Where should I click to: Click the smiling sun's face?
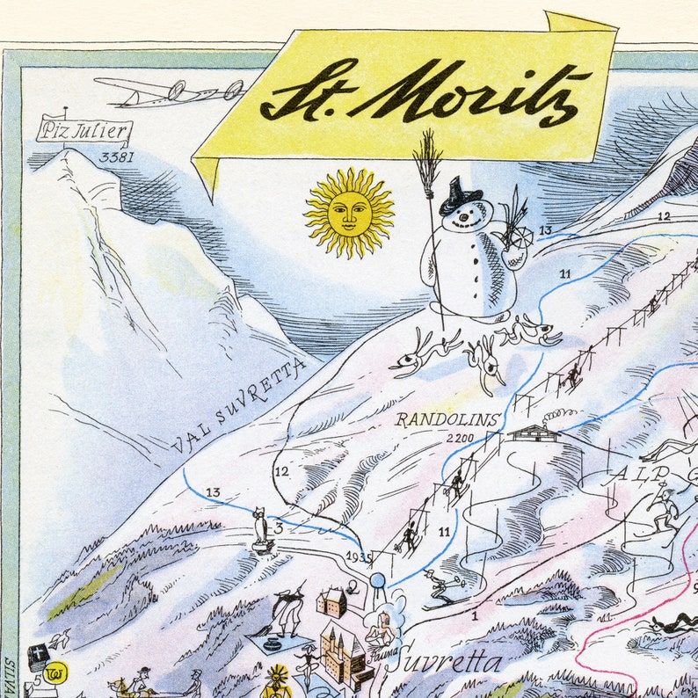click(x=349, y=213)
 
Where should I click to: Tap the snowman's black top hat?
click(x=460, y=195)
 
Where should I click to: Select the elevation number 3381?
click(x=116, y=158)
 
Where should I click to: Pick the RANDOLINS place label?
click(x=447, y=419)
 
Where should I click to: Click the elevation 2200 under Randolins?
click(x=459, y=437)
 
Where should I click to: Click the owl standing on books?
click(x=261, y=528)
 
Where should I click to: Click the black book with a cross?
click(x=39, y=656)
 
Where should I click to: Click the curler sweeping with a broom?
click(x=287, y=611)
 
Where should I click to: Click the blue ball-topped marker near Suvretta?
click(x=378, y=581)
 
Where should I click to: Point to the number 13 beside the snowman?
click(x=546, y=231)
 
